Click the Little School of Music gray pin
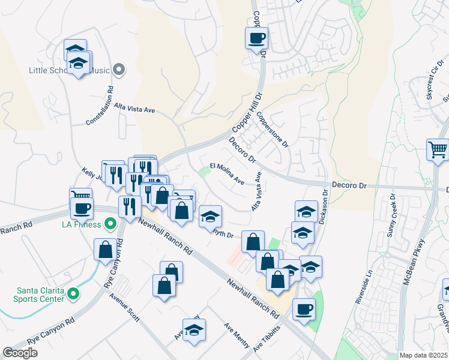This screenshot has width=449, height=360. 119,70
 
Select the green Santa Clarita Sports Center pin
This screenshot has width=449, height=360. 73,293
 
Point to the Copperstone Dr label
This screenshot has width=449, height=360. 273,129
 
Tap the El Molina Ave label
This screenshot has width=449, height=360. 227,173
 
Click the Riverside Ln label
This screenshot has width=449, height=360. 364,286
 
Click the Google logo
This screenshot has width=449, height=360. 20,353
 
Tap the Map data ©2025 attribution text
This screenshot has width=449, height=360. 423,355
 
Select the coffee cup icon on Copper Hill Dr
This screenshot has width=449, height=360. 256,39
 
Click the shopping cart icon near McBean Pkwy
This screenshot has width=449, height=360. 438,149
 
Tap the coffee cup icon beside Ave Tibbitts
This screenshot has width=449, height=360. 304,308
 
